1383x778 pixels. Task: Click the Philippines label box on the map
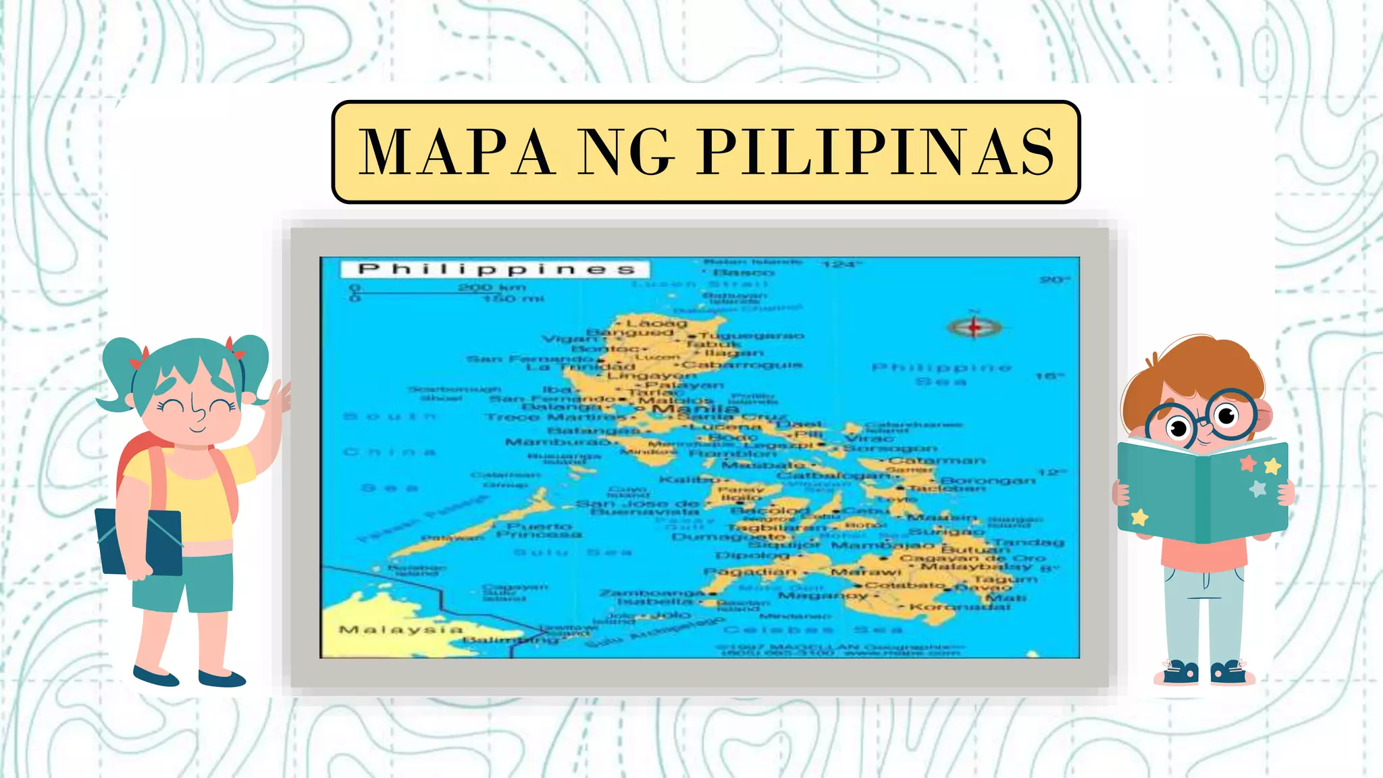click(x=495, y=269)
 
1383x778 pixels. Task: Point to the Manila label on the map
click(x=695, y=409)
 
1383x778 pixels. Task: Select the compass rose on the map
click(x=973, y=327)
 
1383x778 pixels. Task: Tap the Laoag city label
click(x=656, y=323)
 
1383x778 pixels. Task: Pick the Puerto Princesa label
click(x=539, y=530)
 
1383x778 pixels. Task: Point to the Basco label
click(x=743, y=272)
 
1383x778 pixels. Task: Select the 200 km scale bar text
click(x=491, y=287)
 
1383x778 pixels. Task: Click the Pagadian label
click(x=750, y=571)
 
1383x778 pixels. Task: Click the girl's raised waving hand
click(x=280, y=398)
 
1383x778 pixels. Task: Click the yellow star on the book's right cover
click(x=1272, y=465)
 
